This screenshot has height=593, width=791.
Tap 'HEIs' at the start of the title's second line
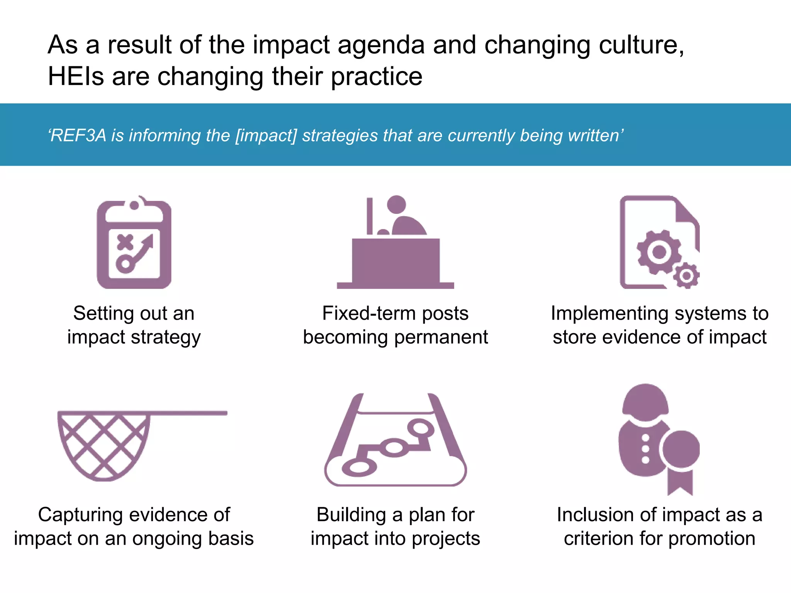click(x=76, y=76)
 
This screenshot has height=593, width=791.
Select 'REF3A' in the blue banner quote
click(x=78, y=136)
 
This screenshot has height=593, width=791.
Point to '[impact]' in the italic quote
click(x=266, y=136)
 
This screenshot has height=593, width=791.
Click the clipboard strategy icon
click(x=134, y=243)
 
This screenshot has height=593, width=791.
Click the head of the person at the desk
click(x=396, y=204)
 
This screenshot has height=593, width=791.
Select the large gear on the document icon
click(x=659, y=252)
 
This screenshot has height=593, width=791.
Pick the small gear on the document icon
click(x=686, y=276)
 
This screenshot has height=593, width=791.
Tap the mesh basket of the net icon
click(x=104, y=444)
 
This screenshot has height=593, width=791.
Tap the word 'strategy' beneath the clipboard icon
click(x=166, y=337)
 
